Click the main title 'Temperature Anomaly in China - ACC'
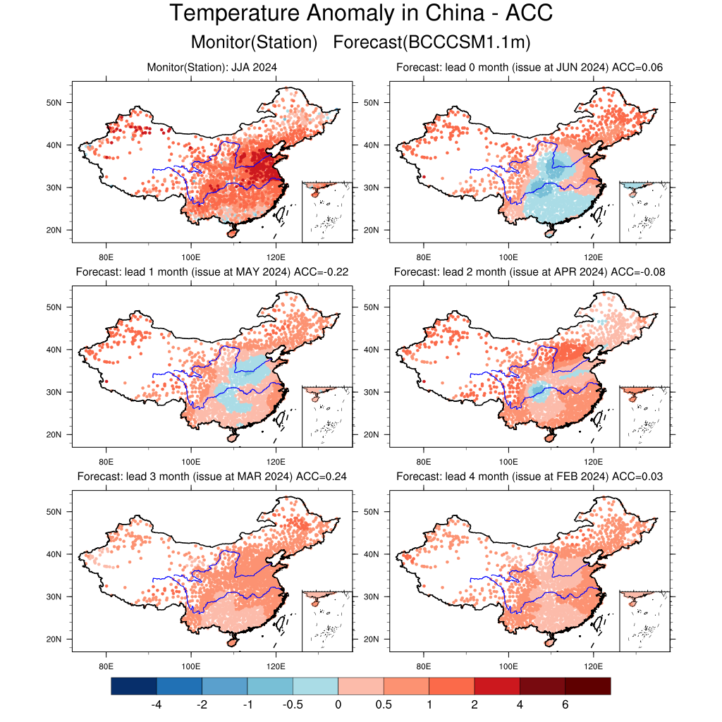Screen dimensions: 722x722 pyautogui.click(x=361, y=14)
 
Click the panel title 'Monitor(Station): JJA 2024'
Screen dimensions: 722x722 pyautogui.click(x=212, y=68)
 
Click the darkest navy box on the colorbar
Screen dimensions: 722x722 pyautogui.click(x=133, y=686)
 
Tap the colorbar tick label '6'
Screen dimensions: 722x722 pyautogui.click(x=565, y=704)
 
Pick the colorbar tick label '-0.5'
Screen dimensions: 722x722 pyautogui.click(x=293, y=704)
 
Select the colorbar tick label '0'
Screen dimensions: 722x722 pyautogui.click(x=338, y=704)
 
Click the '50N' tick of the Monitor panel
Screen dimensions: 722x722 pyautogui.click(x=55, y=103)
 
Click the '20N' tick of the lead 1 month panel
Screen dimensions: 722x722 pyautogui.click(x=55, y=434)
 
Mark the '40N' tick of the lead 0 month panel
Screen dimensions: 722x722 pyautogui.click(x=372, y=145)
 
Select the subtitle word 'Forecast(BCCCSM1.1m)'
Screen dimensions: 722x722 pyautogui.click(x=432, y=42)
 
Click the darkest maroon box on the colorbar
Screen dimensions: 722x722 pyautogui.click(x=587, y=686)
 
